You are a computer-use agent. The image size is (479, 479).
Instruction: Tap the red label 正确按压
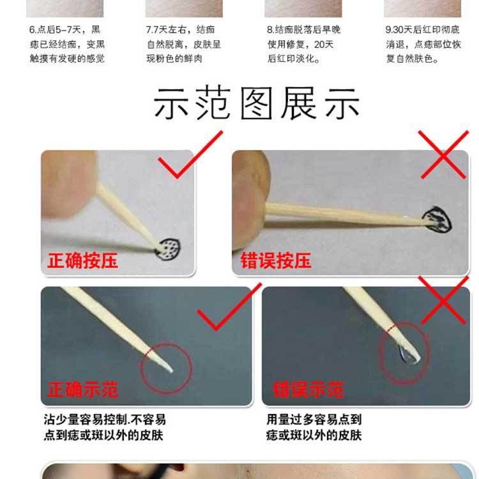82,261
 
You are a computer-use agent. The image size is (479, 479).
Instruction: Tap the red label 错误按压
276,261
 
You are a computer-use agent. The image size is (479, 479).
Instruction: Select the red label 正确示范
82,390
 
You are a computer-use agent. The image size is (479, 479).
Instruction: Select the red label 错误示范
308,390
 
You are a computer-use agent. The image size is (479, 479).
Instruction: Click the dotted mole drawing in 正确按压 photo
169,247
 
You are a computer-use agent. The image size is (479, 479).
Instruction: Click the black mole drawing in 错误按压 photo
439,219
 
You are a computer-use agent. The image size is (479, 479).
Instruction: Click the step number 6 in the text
32,30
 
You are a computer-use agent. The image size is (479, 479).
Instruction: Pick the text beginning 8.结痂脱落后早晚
303,44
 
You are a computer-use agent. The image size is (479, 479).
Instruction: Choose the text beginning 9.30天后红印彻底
423,44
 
